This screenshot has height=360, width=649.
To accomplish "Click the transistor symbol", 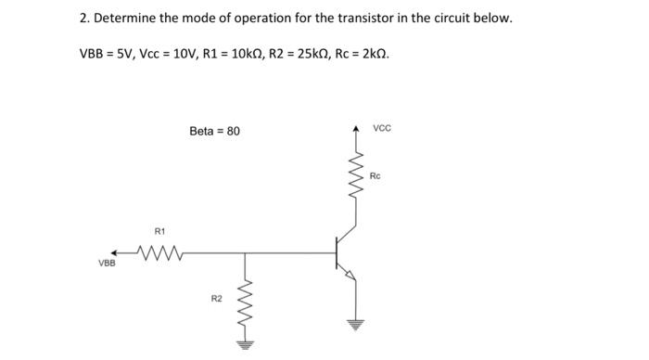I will (x=344, y=251).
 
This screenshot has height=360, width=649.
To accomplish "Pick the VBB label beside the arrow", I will (x=108, y=264).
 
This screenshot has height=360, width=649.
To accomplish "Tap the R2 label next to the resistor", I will (x=216, y=299).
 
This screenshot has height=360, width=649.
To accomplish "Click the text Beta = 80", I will (x=214, y=131).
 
